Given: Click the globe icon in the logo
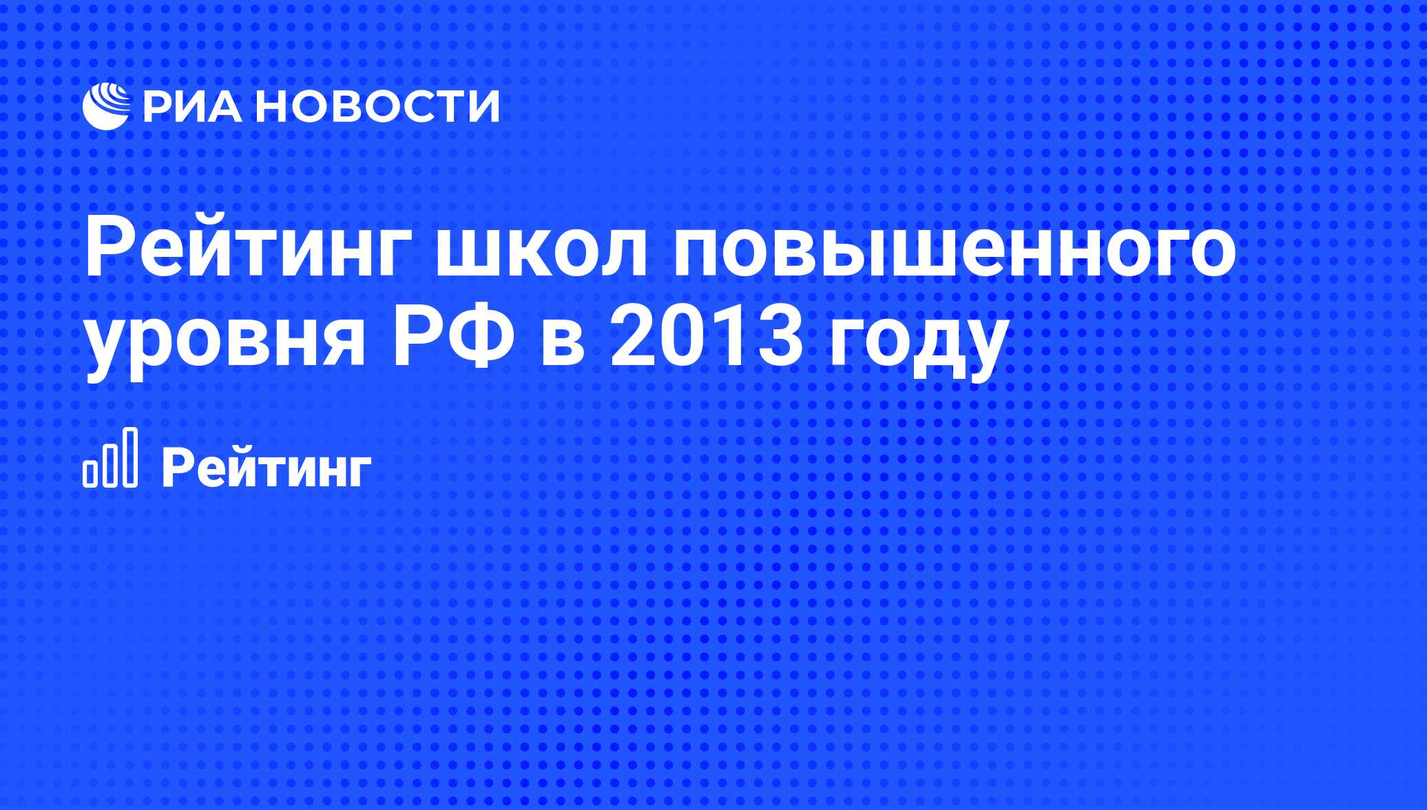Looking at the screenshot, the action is point(106,106).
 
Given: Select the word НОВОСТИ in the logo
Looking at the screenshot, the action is point(380,106).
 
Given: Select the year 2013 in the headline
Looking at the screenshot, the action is point(706,339).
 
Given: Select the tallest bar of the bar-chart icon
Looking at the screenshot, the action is point(129,457).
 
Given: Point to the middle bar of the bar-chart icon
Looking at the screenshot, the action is point(110,465).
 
